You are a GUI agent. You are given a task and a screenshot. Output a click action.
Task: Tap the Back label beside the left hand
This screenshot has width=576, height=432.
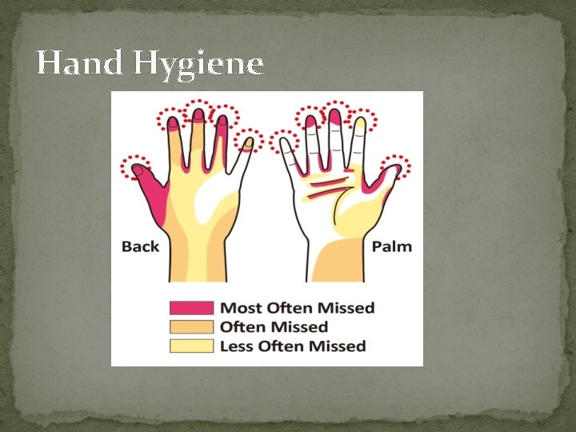[x=141, y=246]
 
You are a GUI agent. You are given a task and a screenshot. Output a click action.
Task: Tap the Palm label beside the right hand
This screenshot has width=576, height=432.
[x=392, y=246]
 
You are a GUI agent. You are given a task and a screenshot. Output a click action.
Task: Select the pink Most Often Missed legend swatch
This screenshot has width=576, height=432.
[x=191, y=308]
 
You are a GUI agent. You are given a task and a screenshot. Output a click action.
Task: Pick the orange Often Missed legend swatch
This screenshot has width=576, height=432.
[x=191, y=326]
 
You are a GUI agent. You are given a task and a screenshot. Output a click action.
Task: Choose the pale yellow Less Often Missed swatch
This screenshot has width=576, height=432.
[x=191, y=346]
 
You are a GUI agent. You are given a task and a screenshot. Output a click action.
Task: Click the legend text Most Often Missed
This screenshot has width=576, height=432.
[x=297, y=308]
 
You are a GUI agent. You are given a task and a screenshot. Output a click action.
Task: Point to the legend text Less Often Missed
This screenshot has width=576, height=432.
[x=293, y=346]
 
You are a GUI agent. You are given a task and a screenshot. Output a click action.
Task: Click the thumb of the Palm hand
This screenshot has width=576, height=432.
[x=389, y=178]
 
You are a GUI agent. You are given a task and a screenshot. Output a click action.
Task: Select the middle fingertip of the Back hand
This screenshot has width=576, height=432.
[x=197, y=115]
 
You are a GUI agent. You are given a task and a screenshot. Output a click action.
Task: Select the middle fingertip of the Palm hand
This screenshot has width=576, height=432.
[x=335, y=118]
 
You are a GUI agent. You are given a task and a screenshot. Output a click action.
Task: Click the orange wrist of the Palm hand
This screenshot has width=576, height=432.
[x=339, y=260]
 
